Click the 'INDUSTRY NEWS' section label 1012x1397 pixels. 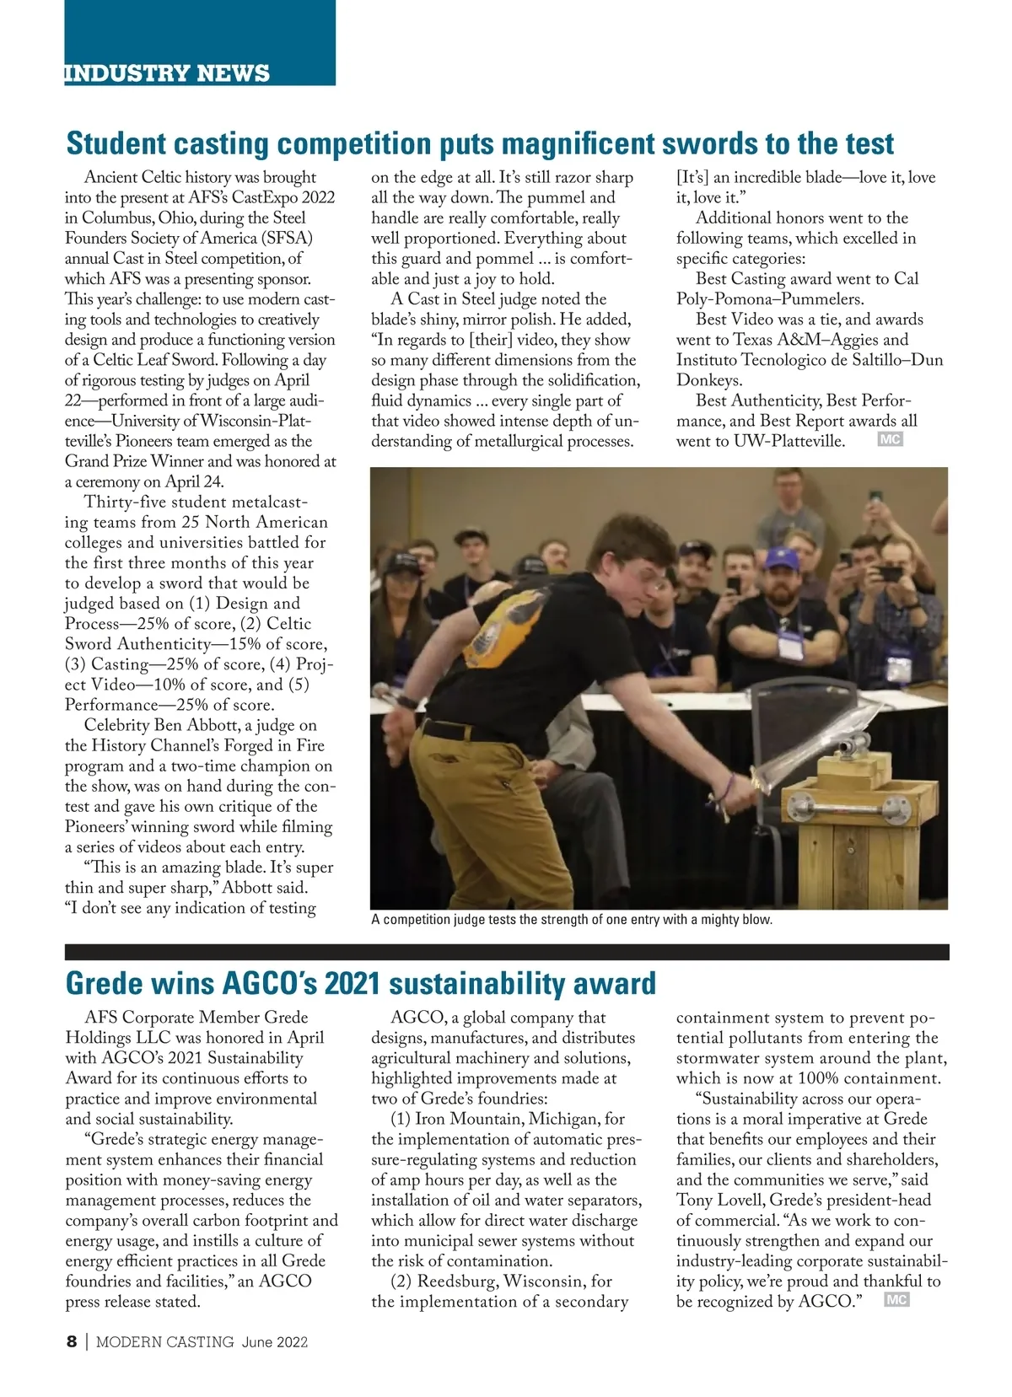pyautogui.click(x=167, y=73)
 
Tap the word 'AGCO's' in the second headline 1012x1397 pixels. pyautogui.click(x=269, y=983)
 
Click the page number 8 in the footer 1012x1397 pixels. pyautogui.click(x=72, y=1341)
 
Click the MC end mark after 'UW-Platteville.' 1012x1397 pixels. pyautogui.click(x=890, y=439)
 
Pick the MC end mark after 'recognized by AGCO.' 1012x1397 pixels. pyautogui.click(x=896, y=1300)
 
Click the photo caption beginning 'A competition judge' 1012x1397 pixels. pyautogui.click(x=571, y=920)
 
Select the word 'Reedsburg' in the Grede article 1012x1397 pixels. pyautogui.click(x=457, y=1281)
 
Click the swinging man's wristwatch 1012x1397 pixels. pyautogui.click(x=407, y=701)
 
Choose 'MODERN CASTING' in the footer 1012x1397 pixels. pyautogui.click(x=164, y=1342)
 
